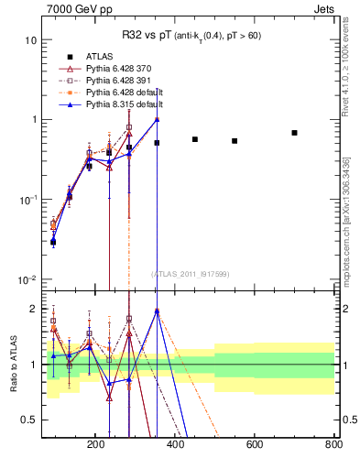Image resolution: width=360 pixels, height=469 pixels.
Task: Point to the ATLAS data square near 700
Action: (x=294, y=133)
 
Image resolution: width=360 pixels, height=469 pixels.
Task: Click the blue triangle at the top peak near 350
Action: (x=157, y=119)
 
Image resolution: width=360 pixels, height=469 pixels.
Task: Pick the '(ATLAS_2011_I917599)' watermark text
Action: (x=190, y=273)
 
